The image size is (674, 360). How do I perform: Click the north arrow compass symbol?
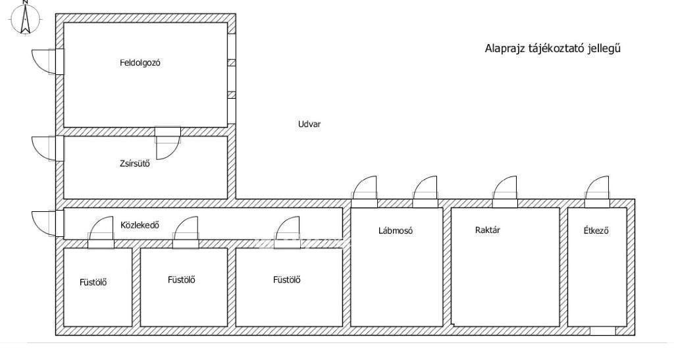pos(26,18)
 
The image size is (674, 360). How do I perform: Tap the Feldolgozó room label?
pos(140,63)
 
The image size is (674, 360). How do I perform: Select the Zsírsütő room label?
pos(135,164)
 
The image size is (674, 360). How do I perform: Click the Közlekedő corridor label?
pos(140,224)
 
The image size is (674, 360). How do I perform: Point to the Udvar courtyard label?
pos(309,124)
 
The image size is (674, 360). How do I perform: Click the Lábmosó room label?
pos(396,231)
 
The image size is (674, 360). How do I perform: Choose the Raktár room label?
pos(488,230)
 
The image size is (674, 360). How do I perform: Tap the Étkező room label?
pos(596,231)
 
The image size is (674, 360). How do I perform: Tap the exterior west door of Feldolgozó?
pos(47,62)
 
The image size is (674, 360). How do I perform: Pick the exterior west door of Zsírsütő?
pos(47,149)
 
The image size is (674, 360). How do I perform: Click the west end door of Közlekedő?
pos(47,223)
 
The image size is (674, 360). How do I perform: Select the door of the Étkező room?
pos(598,192)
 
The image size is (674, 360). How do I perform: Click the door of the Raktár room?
pos(505,192)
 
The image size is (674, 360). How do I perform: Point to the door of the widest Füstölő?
pos(287,232)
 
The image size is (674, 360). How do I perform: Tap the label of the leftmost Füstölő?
pos(93,283)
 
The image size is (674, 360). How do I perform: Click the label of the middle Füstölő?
pos(182,280)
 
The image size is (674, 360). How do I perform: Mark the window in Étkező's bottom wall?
pos(602,331)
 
